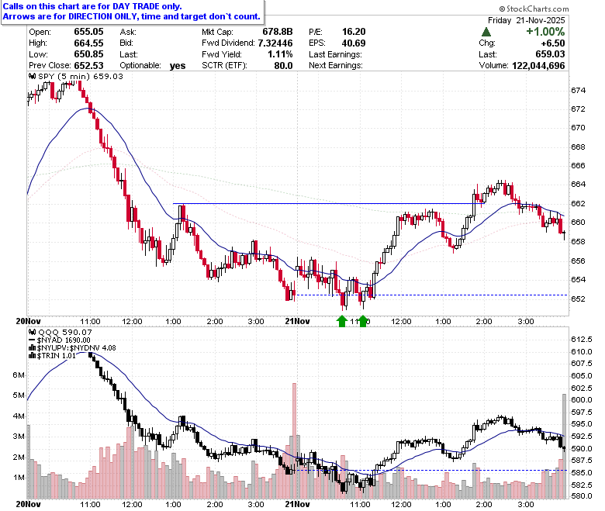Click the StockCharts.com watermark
[534, 9]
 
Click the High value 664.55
[88, 43]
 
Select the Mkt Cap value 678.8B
[278, 32]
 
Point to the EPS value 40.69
[354, 43]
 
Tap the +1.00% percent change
[545, 32]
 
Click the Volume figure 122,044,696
[538, 66]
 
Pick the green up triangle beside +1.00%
[486, 32]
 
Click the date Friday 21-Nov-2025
[527, 20]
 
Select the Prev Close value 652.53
[88, 66]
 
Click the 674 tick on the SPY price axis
[578, 91]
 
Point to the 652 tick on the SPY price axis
[578, 299]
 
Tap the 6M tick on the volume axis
[19, 375]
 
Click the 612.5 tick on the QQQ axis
[582, 340]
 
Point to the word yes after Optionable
[178, 66]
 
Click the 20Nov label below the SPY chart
[28, 321]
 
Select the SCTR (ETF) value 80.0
[283, 66]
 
